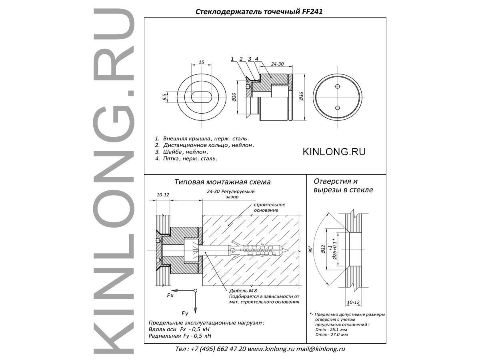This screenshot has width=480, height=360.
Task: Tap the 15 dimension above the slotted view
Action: point(202,62)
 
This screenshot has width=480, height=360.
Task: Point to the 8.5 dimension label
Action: point(164,97)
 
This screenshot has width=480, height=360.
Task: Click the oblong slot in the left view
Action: point(201,97)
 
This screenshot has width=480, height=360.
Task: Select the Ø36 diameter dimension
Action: point(301,96)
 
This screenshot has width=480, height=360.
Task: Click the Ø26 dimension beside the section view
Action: point(234,97)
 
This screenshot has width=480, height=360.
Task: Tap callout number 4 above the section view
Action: point(257,58)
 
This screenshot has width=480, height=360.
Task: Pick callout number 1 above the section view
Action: point(232,58)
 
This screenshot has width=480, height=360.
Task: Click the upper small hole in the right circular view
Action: point(338,86)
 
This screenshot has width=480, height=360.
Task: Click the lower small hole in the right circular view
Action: point(338,108)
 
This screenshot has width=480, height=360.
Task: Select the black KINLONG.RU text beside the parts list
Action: point(334,152)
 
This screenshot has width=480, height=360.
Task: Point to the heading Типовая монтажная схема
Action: point(222,182)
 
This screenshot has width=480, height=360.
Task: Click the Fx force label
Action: point(170,296)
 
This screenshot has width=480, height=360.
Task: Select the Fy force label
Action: point(185,314)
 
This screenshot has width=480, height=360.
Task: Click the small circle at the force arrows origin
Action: point(195,290)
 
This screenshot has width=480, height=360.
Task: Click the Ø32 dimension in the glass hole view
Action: point(324,249)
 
